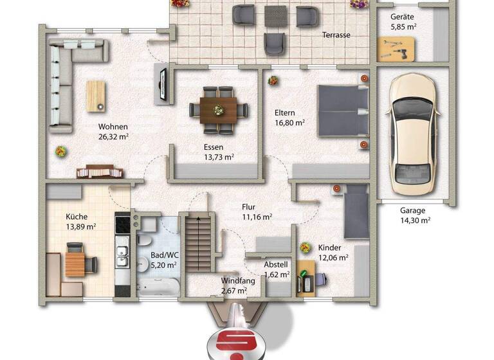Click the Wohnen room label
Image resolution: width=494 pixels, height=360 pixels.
click(x=113, y=127)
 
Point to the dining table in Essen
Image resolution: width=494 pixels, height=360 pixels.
click(x=218, y=109)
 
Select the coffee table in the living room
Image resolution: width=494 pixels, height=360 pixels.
click(x=96, y=96)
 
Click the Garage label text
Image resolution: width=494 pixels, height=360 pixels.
click(x=412, y=210)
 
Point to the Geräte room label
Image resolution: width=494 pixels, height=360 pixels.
click(x=403, y=17)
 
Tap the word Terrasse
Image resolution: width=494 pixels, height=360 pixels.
click(x=336, y=35)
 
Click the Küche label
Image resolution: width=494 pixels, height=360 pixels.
click(x=76, y=217)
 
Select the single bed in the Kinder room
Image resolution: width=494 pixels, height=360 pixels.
click(x=355, y=210)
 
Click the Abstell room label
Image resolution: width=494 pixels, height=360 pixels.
click(x=276, y=264)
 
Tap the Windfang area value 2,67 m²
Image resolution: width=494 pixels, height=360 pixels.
click(x=233, y=291)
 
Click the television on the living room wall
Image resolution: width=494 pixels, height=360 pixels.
click(x=162, y=84)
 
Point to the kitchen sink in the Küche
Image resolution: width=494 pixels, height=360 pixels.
click(x=122, y=248)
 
